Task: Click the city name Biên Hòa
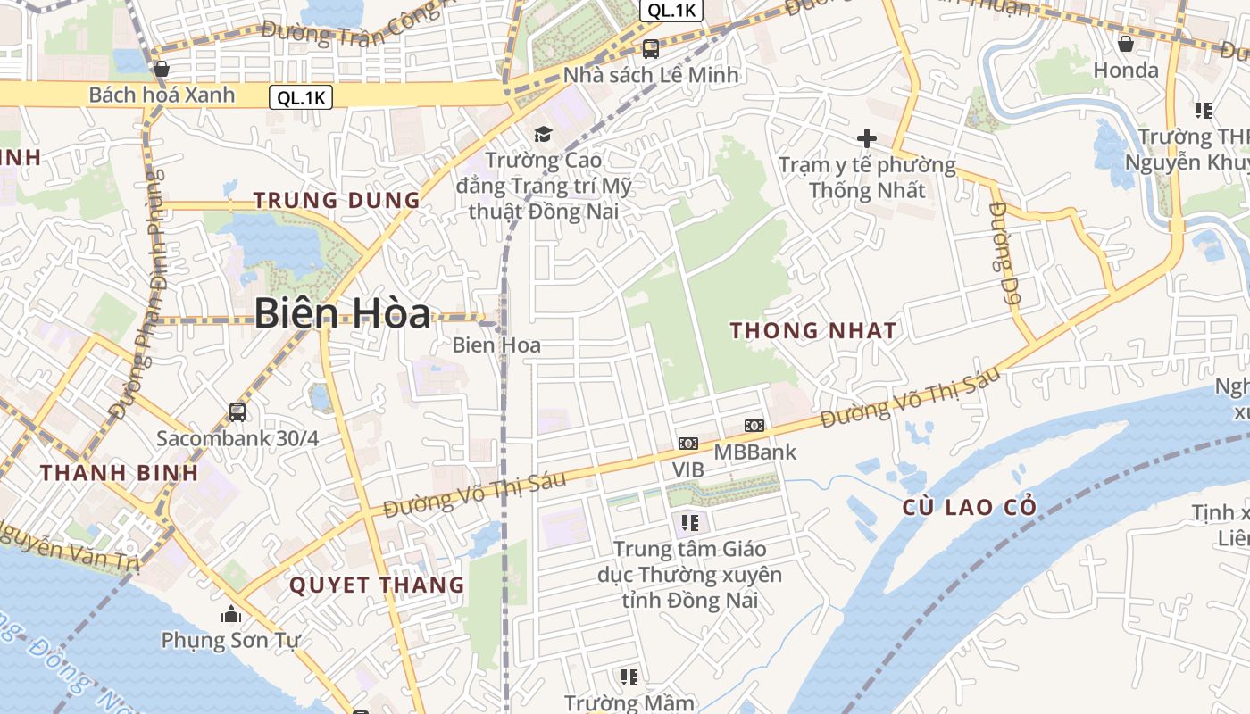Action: [342, 313]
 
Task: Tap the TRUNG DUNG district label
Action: [337, 200]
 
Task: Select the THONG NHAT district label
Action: [812, 330]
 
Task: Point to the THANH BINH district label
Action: [119, 473]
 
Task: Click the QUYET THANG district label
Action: [377, 585]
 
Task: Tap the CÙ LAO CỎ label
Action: [970, 508]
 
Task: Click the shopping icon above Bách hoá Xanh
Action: [162, 69]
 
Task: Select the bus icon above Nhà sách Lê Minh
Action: [651, 49]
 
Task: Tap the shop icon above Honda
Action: [1126, 44]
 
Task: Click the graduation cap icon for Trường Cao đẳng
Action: [543, 135]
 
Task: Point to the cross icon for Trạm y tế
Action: [866, 138]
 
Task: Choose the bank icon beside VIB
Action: [687, 444]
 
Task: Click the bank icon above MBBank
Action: [754, 426]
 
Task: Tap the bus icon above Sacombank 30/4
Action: [237, 411]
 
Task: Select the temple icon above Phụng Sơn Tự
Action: [231, 614]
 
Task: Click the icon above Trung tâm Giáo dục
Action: [689, 522]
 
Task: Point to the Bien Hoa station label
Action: [496, 345]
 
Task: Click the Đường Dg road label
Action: [1004, 254]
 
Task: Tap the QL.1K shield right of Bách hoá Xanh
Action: [301, 98]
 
